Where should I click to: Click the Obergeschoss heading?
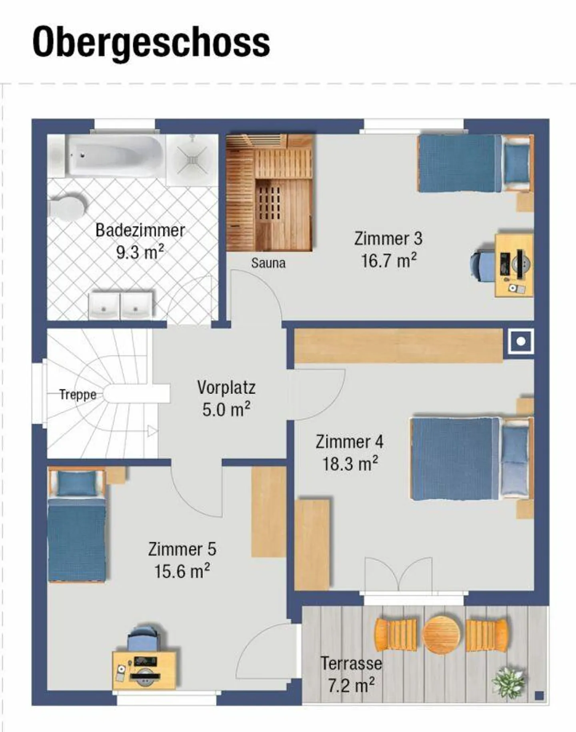[151, 42]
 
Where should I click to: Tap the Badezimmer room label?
[140, 231]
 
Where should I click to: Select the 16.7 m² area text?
[388, 261]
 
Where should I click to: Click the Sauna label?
[268, 263]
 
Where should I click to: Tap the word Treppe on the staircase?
[78, 395]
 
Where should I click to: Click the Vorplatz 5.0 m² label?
[226, 398]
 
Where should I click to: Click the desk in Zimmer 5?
[144, 670]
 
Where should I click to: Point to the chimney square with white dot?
[521, 341]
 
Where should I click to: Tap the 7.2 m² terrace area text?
[351, 685]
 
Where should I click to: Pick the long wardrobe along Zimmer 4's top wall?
[398, 345]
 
